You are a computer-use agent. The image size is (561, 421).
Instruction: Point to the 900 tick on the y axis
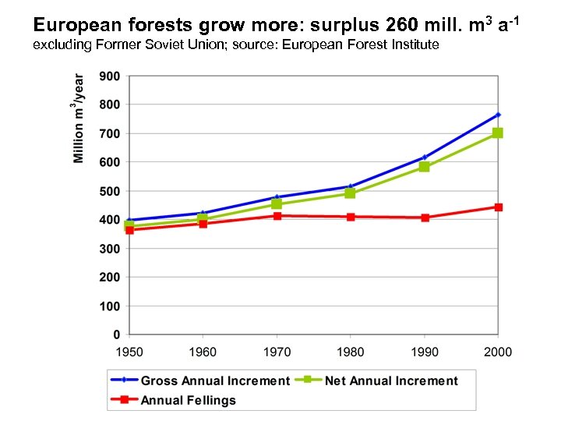point(110,76)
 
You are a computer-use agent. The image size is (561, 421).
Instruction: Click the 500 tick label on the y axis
point(110,192)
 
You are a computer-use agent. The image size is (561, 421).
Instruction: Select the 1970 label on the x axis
point(277,352)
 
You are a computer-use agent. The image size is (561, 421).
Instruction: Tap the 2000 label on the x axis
point(498,352)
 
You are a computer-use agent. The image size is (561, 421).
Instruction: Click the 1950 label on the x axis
point(129,352)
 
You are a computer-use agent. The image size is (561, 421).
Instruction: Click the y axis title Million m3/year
point(79,119)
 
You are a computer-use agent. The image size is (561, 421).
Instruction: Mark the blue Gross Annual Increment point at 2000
point(498,115)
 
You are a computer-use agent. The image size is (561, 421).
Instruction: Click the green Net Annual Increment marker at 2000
point(498,133)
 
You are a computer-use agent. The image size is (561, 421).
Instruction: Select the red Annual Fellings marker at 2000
point(498,207)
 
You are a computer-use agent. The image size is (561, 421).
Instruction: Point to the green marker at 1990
point(424,167)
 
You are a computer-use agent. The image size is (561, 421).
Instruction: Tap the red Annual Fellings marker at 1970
point(277,216)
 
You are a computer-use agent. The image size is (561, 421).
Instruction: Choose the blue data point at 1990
point(424,157)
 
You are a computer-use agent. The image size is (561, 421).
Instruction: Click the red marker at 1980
point(351,217)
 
